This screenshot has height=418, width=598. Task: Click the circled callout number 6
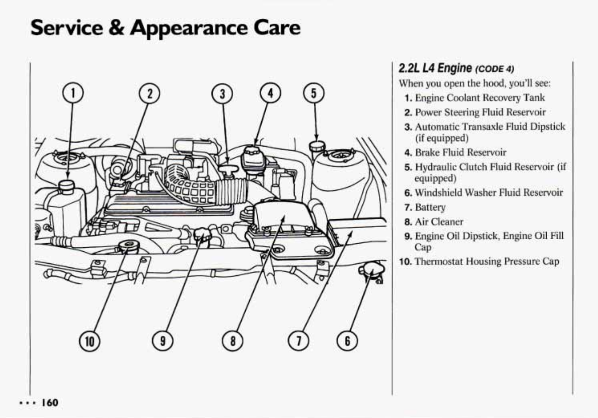[347, 341]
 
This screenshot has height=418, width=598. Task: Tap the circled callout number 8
[232, 341]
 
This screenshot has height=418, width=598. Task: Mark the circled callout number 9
[162, 341]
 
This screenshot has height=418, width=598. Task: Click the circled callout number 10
[90, 341]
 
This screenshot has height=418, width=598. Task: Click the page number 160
[49, 402]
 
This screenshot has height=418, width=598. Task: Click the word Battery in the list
[430, 207]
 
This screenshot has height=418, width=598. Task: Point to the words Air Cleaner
[439, 222]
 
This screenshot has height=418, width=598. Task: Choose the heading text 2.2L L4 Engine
[435, 68]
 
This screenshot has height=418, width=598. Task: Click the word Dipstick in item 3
[547, 127]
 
